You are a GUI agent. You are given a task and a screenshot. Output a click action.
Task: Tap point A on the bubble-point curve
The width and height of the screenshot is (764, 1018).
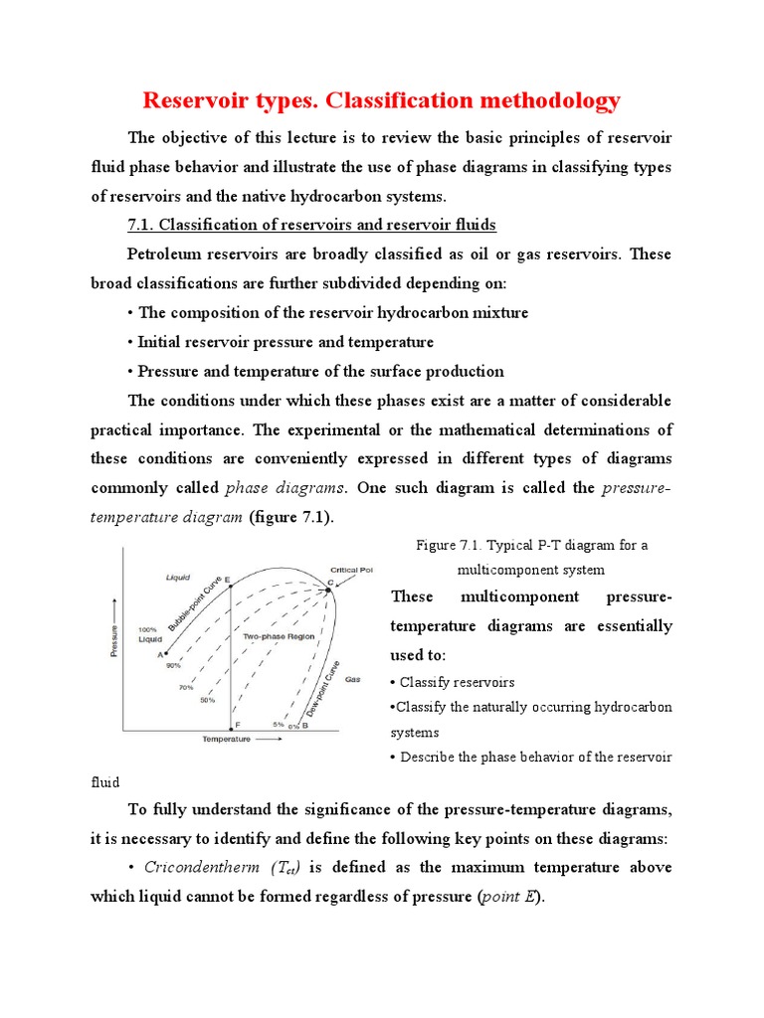[164, 653]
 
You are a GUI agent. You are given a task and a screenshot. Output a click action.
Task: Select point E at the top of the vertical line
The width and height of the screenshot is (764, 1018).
[231, 586]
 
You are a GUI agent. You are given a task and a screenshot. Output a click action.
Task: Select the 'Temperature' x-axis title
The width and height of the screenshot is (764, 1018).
[227, 740]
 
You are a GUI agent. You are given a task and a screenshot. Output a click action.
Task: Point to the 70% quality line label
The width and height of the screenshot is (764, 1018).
[185, 686]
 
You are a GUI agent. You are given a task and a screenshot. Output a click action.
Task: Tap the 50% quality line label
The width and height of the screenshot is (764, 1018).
[207, 701]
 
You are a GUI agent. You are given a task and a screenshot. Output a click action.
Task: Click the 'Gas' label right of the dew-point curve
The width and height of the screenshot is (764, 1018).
[352, 680]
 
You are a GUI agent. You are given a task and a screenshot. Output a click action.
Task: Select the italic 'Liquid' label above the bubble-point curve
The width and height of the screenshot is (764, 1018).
[177, 576]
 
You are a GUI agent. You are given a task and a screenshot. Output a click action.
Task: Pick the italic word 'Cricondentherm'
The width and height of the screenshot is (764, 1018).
[204, 868]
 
